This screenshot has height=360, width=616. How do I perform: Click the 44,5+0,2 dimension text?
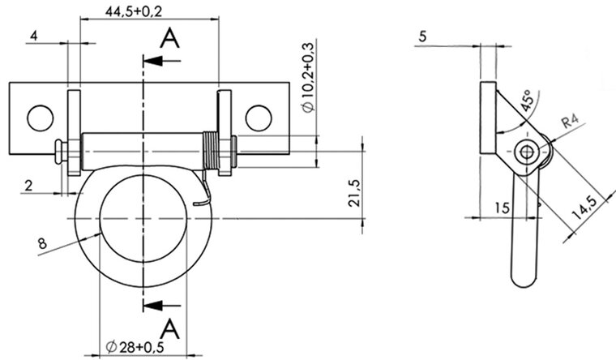(x=134, y=12)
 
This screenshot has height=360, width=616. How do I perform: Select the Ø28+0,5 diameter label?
(x=135, y=347)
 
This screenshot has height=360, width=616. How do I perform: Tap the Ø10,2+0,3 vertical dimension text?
(x=309, y=77)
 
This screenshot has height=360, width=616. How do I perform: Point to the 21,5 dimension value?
(x=354, y=193)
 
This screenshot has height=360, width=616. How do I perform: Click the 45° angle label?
(x=527, y=101)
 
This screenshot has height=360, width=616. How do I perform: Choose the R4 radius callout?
(x=571, y=121)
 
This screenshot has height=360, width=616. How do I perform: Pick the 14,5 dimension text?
(x=584, y=208)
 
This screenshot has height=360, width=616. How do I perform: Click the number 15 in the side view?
(x=502, y=208)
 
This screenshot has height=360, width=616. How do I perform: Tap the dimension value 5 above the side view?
(x=422, y=36)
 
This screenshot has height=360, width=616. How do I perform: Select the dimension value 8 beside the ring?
(x=42, y=244)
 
